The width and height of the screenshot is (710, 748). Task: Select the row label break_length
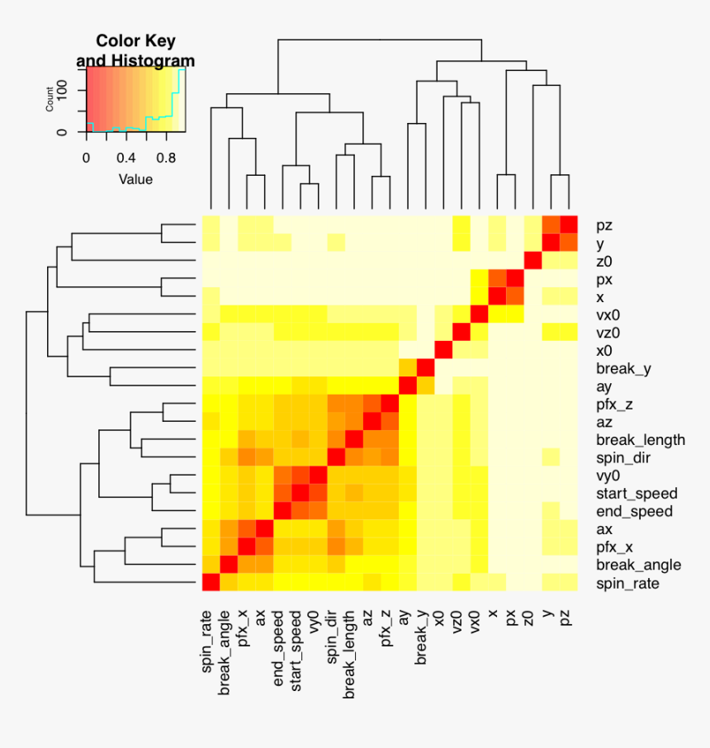641,439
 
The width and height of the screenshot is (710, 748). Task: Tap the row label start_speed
637,493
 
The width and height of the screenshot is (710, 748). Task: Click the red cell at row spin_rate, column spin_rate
211,583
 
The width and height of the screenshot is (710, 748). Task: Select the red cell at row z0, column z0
533,261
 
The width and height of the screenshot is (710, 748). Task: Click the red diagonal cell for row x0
443,350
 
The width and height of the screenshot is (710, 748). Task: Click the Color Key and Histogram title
135,50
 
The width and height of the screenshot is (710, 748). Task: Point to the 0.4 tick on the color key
125,158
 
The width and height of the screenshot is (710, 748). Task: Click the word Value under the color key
135,178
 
